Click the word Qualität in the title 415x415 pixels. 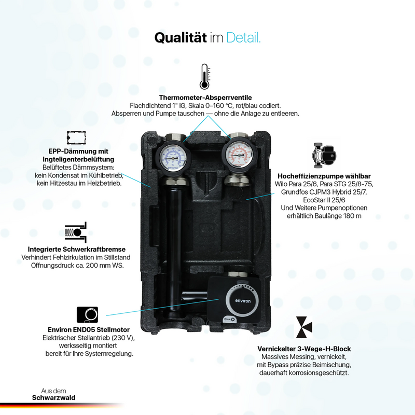tap(181, 37)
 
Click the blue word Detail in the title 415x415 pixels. tap(242, 37)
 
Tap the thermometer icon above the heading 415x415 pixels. tap(204, 76)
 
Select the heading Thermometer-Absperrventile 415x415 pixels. tap(205, 98)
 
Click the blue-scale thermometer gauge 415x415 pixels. tap(172, 157)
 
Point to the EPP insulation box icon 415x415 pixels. tap(76, 137)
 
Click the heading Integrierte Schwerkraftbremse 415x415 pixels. tap(76, 250)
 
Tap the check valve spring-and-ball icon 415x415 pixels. tap(76, 232)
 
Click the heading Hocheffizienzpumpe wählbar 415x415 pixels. tap(324, 176)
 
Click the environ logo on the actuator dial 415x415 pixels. tap(243, 301)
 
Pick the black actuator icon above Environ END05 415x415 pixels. tap(87, 315)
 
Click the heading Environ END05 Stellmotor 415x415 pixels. tap(89, 330)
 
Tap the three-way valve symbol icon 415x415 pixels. tap(304, 327)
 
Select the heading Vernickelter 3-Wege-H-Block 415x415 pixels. tap(304, 349)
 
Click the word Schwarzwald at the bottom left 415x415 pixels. tap(54, 397)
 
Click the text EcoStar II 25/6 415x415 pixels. tap(324, 200)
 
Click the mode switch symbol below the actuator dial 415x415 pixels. tap(229, 319)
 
